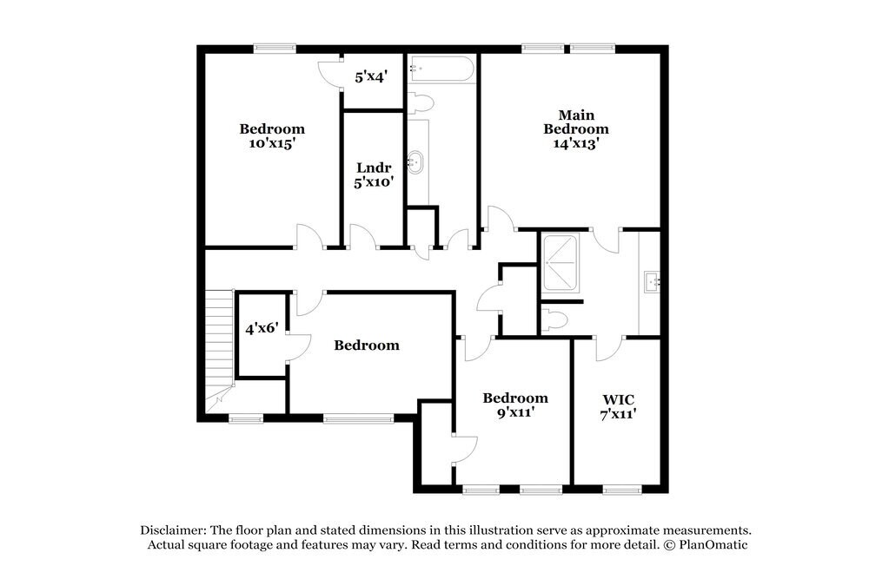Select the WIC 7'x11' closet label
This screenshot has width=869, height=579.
coord(619,406)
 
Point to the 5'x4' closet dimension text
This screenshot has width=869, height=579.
coord(370,76)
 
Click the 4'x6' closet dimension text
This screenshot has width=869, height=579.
coord(261,328)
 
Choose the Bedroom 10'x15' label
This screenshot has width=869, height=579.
coord(272,136)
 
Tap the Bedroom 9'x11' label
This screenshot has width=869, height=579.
coord(514,405)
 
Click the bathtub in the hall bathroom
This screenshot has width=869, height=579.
coord(442,69)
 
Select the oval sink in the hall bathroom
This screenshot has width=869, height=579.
coord(417,161)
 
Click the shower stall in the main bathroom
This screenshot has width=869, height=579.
coord(561,262)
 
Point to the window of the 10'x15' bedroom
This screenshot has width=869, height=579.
coord(274,49)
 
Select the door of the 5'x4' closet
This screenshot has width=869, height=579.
coord(331,74)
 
